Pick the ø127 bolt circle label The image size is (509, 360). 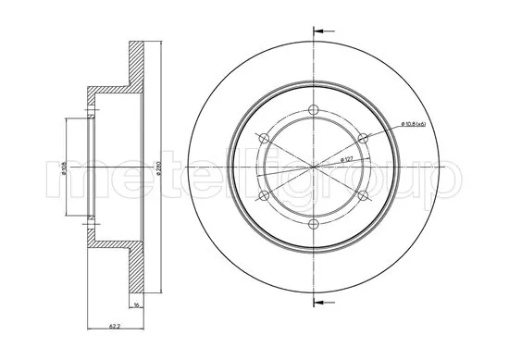tap(350, 159)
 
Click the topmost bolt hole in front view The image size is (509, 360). tap(314, 111)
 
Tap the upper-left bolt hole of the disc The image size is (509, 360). tap(266, 139)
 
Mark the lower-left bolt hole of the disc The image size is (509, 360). tap(266, 195)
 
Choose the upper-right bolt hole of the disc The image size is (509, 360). tap(362, 139)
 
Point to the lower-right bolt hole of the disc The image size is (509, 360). tap(362, 195)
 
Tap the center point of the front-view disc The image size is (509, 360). tap(314, 167)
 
